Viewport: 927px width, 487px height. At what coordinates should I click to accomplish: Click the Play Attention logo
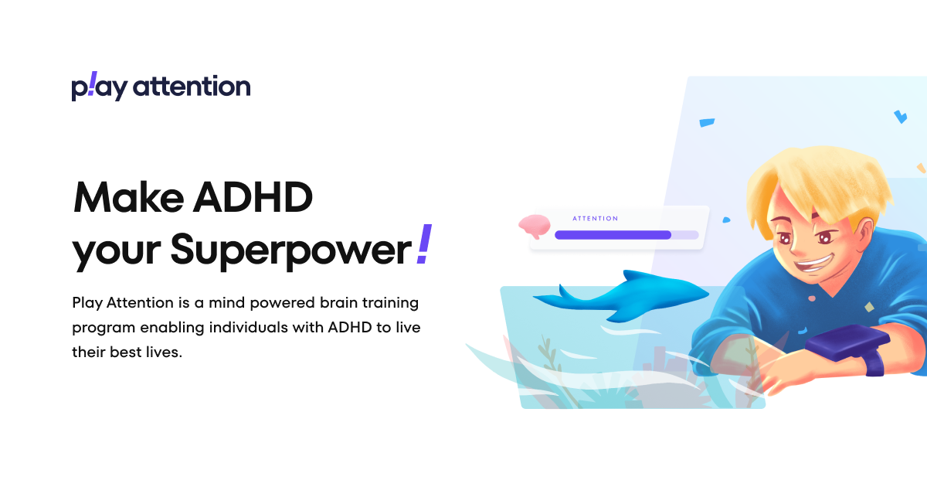161,87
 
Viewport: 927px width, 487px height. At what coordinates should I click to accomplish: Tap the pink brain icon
535,226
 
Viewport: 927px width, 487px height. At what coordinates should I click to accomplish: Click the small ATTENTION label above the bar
595,219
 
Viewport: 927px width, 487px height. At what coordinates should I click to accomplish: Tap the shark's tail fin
552,297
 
